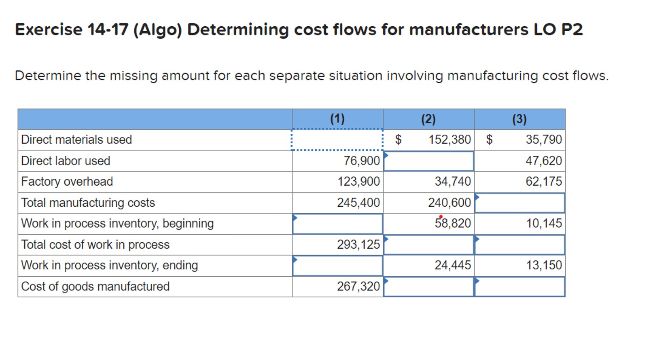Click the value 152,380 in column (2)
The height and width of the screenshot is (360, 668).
pos(450,140)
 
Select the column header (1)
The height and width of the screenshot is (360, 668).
pos(337,119)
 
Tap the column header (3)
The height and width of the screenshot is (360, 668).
pos(520,119)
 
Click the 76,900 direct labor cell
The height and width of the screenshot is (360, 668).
pos(361,161)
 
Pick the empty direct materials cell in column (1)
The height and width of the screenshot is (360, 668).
pos(337,140)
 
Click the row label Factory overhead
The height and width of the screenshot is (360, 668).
pos(67,182)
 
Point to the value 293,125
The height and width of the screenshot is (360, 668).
pos(358,244)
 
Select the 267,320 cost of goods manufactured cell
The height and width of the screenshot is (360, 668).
pos(358,286)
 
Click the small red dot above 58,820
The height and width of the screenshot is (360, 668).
pos(441,216)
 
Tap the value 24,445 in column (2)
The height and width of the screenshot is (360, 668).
pos(453,265)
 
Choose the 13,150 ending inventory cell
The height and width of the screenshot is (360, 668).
pos(544,265)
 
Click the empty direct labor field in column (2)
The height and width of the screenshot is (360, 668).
pos(428,161)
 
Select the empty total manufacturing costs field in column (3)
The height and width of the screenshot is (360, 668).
pos(520,203)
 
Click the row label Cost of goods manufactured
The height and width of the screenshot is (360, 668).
pos(95,286)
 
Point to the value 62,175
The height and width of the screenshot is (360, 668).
pos(544,182)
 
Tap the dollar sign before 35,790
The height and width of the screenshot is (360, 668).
pos(489,140)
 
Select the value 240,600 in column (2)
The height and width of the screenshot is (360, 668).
pos(450,203)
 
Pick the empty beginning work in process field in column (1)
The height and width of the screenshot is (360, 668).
pos(337,224)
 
